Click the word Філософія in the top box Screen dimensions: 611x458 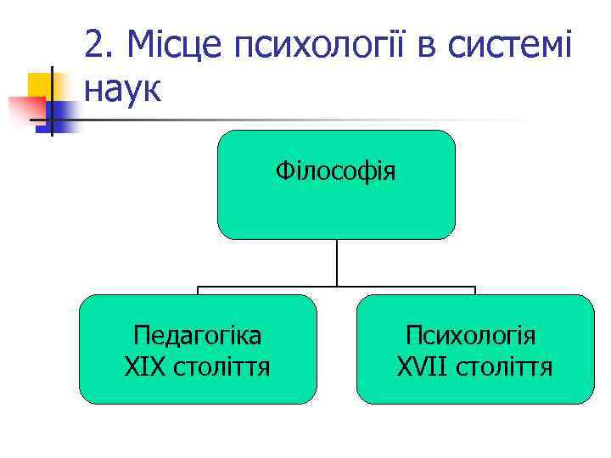(x=335, y=173)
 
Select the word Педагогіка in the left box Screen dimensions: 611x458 (x=198, y=336)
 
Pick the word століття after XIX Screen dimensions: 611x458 (x=221, y=367)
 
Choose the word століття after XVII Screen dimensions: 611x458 (x=504, y=367)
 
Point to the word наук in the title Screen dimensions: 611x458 (x=123, y=87)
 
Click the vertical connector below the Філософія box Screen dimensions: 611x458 (x=337, y=263)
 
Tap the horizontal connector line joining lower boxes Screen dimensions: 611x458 (x=255, y=287)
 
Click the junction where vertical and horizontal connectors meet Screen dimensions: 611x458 (x=337, y=287)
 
